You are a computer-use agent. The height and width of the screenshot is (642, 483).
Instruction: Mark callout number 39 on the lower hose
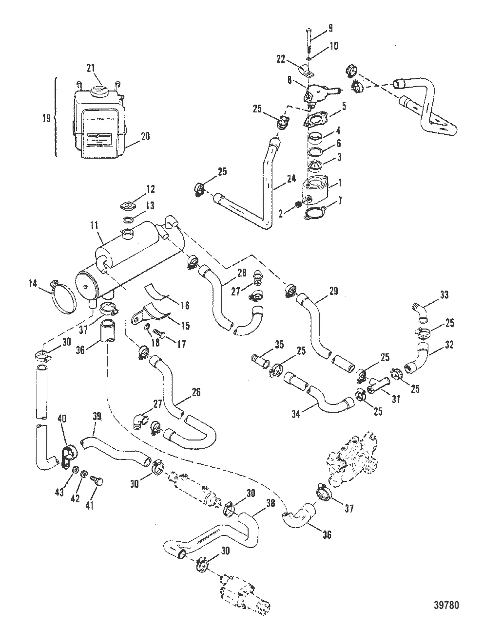tap(97, 417)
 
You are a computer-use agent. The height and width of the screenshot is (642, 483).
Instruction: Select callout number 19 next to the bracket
tap(46, 118)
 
